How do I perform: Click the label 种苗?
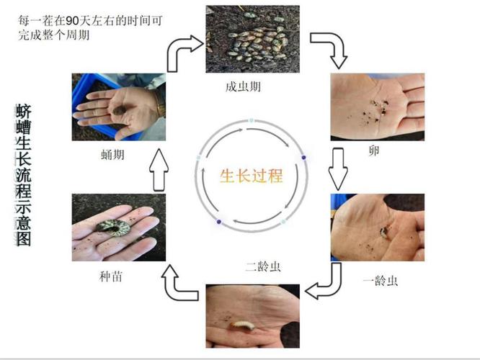[x=115, y=275]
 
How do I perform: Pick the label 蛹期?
[x=116, y=153]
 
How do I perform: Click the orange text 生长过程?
[x=251, y=175]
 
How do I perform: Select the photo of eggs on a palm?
[x=377, y=107]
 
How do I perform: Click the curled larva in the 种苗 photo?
[x=112, y=228]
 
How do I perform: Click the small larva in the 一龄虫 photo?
[x=386, y=232]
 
